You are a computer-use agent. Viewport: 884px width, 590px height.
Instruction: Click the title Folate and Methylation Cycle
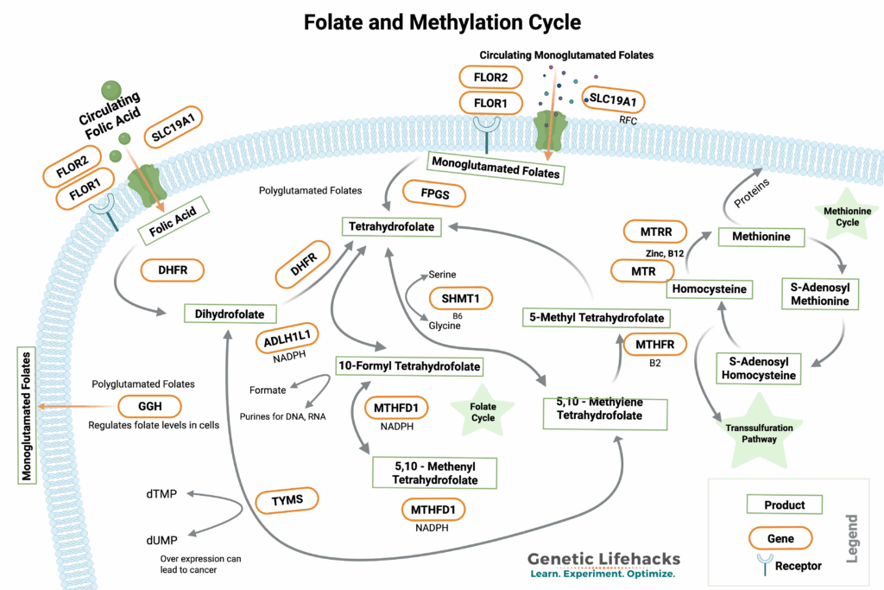441,23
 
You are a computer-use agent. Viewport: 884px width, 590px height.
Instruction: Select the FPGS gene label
434,194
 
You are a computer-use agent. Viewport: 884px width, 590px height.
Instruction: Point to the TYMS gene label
287,499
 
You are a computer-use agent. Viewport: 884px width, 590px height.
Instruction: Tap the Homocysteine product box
709,289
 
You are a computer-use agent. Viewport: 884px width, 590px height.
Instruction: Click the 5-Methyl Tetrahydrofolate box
595,318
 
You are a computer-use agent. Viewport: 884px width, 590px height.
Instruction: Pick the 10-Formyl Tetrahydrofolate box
408,366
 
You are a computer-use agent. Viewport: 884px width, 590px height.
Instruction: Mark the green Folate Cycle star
483,411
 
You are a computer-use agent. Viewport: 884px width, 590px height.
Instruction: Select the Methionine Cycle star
847,217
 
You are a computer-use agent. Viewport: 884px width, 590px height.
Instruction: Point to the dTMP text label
161,495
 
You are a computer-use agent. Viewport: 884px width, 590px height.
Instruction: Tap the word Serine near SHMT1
443,274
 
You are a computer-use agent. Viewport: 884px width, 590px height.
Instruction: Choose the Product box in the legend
784,504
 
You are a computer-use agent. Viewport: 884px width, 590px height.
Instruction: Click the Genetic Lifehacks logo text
603,558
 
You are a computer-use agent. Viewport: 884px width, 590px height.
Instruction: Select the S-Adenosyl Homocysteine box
760,368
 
